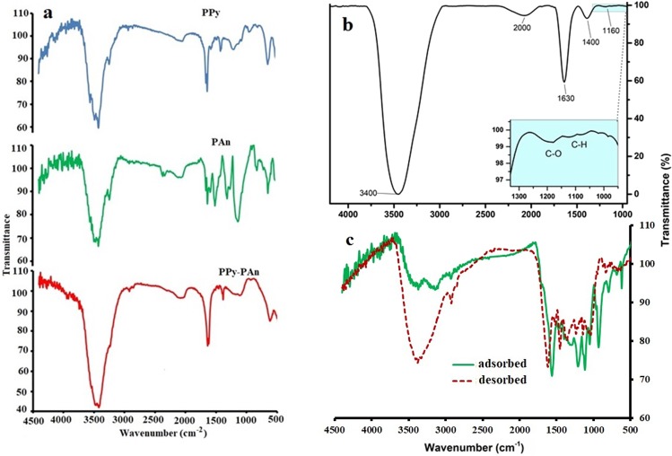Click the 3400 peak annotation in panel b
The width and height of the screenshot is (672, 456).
367,191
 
